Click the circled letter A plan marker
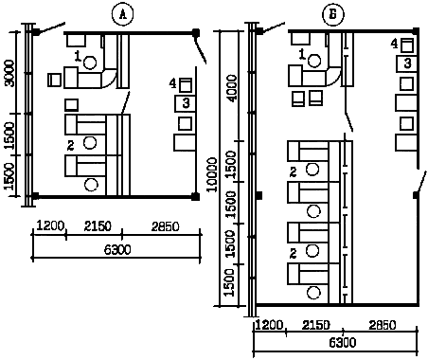click(x=122, y=14)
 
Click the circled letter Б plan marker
click(x=333, y=14)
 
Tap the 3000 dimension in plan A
click(x=9, y=73)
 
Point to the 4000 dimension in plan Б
click(x=232, y=88)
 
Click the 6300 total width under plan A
click(x=117, y=250)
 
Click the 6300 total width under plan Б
click(x=343, y=342)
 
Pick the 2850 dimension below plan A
click(x=165, y=226)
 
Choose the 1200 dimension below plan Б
click(x=269, y=325)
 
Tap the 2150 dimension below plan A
click(x=98, y=226)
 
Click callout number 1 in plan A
click(x=78, y=56)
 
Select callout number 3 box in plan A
click(x=186, y=103)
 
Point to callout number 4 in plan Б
click(x=394, y=44)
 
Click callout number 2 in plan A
click(x=71, y=146)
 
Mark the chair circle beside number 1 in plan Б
click(x=314, y=61)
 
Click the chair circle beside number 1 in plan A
click(x=90, y=63)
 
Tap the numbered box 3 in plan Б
click(x=407, y=63)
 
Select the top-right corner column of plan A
click(x=196, y=32)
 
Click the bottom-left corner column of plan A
click(x=35, y=196)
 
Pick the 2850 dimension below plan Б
click(x=382, y=325)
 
